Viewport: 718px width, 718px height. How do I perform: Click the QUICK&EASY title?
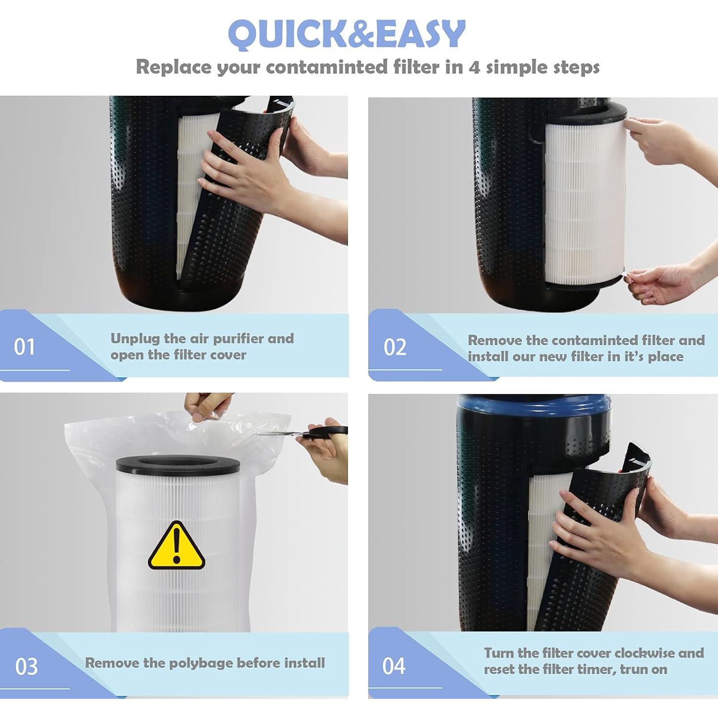[x=347, y=34]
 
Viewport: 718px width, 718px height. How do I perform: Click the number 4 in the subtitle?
[x=474, y=67]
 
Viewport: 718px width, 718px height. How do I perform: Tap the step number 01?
[x=24, y=347]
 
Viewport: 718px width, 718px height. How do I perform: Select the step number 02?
[x=395, y=347]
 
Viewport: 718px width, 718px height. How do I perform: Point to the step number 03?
[x=26, y=666]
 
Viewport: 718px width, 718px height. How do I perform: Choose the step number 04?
[x=394, y=666]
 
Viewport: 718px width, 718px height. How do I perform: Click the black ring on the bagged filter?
[x=178, y=464]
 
